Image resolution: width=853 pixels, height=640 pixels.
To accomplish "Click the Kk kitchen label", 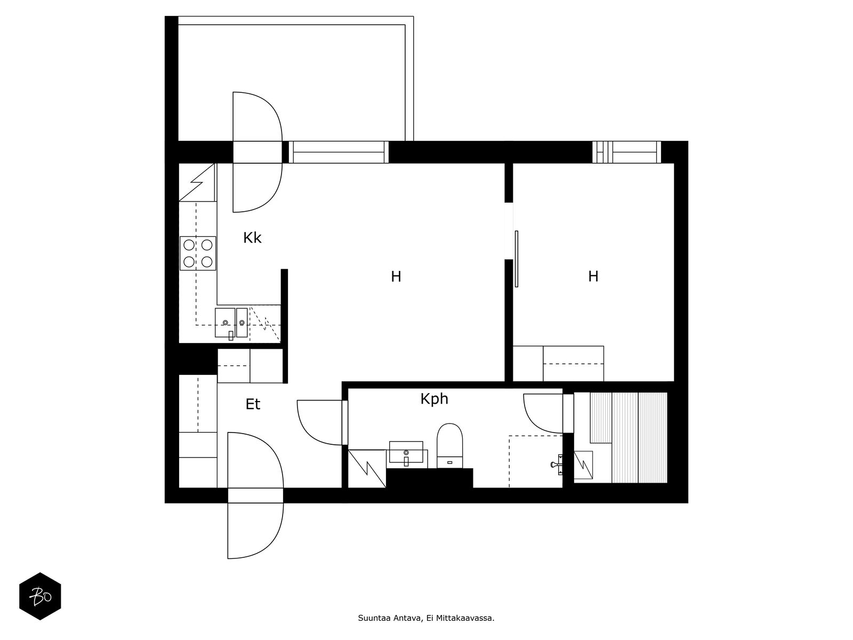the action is coord(252,238).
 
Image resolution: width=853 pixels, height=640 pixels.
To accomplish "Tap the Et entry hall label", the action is coord(253,404).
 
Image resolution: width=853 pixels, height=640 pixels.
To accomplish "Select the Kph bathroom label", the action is coord(434,399).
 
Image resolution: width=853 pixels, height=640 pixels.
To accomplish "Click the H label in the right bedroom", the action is coord(593,276).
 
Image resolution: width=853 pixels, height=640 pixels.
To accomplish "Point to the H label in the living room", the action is coord(396,277).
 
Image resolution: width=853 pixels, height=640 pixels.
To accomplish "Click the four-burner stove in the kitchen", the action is coord(198,253).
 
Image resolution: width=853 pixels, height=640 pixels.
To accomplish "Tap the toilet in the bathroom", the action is coord(449,445).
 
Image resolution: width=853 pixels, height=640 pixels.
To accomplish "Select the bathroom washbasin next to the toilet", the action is coord(406,452).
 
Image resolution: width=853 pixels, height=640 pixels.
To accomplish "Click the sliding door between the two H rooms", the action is coord(517,259).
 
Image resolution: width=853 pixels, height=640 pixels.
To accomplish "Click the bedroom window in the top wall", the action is coord(626,152).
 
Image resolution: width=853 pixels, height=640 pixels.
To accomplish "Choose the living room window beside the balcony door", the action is coord(339,152).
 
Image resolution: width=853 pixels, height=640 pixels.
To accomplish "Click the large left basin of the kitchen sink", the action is coord(225,323).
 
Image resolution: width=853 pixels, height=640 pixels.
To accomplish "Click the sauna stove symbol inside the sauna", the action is coord(583,465).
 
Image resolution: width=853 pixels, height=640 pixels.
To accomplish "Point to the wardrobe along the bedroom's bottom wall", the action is coord(558,364).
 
